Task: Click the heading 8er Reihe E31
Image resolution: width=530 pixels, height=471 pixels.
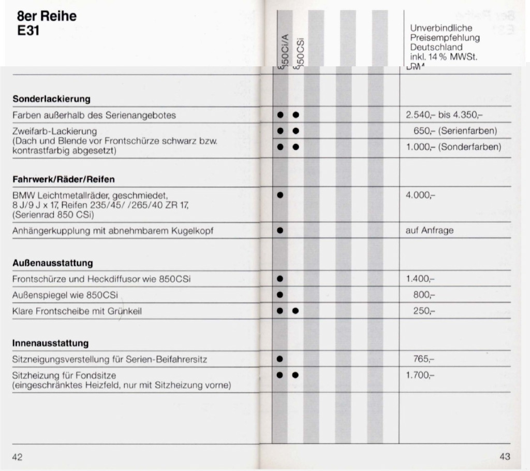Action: [44, 23]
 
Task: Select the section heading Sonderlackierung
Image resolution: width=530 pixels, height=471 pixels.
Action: [51, 98]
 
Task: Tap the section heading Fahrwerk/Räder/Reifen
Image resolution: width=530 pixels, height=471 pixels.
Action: [63, 179]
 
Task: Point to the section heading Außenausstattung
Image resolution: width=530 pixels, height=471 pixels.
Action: [52, 263]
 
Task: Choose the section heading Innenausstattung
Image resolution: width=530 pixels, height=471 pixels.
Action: [50, 343]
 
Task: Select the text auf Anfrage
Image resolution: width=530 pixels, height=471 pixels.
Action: [429, 231]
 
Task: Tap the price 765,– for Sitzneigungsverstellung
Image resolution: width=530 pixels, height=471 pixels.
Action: [424, 359]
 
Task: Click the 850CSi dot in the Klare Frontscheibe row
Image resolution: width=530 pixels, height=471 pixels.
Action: [296, 311]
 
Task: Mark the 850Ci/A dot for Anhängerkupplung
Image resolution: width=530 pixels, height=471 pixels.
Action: [280, 231]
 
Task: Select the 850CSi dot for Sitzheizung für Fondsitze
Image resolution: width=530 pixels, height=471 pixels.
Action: [296, 374]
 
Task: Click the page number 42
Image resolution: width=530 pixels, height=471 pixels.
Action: [18, 456]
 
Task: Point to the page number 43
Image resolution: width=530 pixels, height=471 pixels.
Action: [505, 456]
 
